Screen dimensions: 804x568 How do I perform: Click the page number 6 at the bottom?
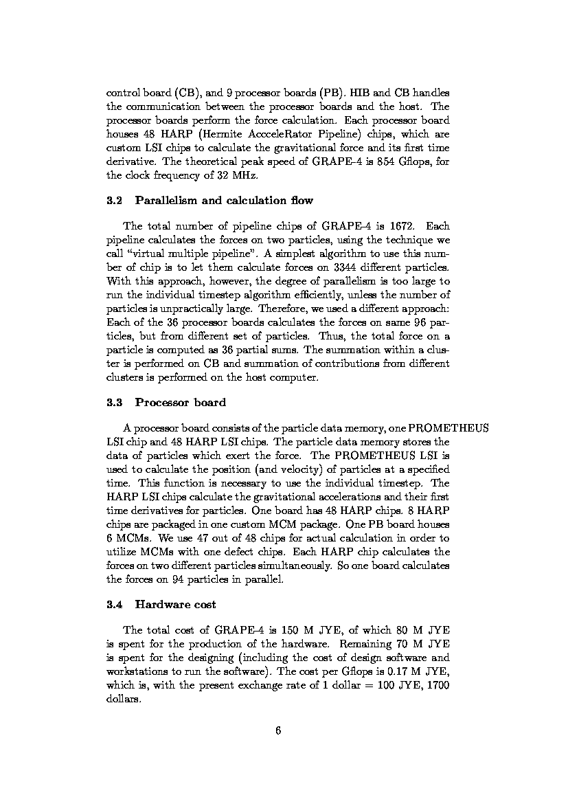278,730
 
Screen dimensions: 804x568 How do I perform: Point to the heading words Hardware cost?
176,605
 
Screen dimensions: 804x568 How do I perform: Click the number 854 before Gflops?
376,161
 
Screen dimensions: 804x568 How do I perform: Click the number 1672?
402,226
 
